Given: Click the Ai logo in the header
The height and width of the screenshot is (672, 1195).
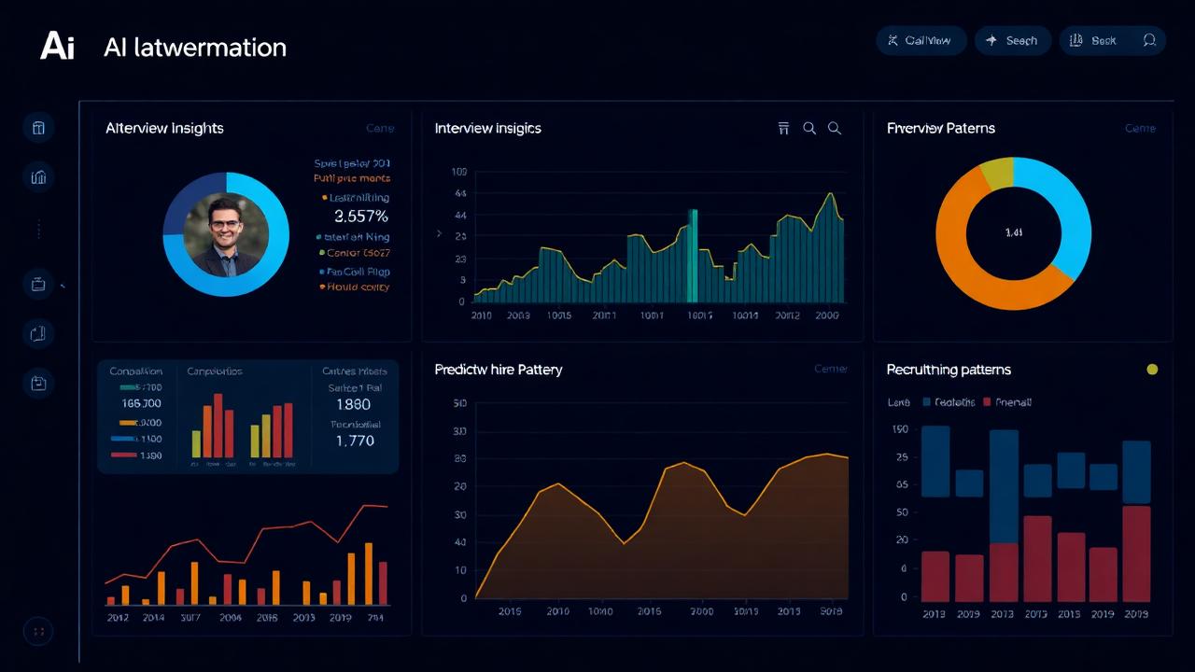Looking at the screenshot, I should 57,46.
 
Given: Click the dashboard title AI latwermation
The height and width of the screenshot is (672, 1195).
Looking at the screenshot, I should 195,48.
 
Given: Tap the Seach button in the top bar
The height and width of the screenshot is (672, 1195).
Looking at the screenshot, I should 1013,40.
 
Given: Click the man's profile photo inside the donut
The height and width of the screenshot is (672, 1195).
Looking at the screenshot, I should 225,234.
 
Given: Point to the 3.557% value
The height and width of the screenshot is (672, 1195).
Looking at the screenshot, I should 360,217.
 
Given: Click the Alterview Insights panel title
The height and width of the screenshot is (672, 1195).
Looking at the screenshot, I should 164,128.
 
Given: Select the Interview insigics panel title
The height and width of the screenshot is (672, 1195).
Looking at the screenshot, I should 487,128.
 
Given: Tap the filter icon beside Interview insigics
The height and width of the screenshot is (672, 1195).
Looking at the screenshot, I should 783,128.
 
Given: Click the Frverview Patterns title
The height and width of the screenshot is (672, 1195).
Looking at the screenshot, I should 940,128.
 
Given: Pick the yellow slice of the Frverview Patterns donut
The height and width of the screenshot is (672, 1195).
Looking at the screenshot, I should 996,173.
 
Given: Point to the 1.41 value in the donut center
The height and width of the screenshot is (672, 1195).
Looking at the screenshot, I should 1013,233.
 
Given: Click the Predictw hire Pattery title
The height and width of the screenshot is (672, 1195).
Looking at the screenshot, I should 498,370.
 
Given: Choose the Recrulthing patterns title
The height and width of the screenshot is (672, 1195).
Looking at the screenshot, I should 948,370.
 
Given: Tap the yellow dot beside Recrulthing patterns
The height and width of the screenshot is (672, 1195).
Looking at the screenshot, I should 1152,370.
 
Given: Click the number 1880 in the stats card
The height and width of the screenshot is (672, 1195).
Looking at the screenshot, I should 353,404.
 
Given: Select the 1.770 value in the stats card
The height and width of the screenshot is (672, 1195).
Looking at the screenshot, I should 355,441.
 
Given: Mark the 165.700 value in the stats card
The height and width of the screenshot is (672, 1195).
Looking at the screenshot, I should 142,403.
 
